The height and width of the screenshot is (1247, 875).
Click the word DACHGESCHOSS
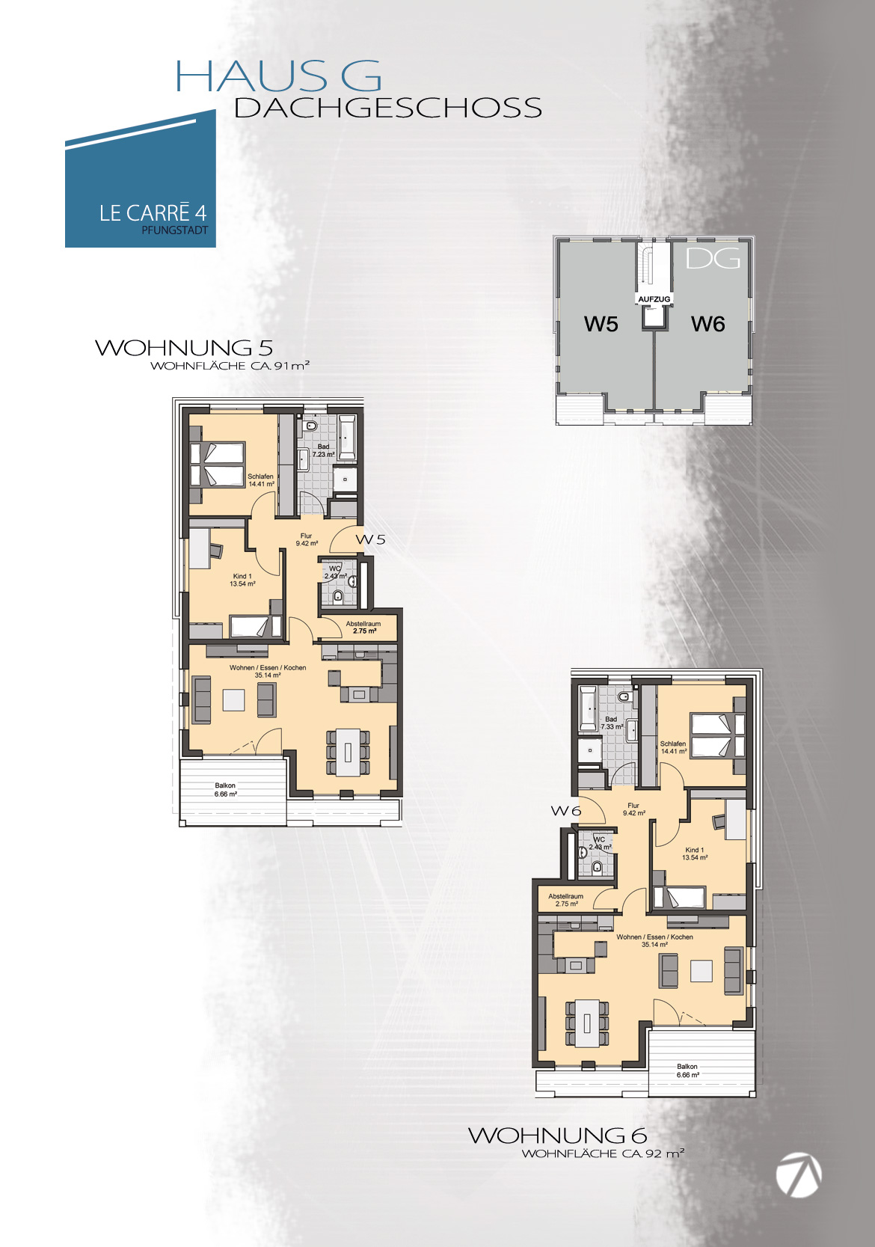click(x=388, y=108)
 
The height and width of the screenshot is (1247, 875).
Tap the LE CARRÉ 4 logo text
click(x=153, y=212)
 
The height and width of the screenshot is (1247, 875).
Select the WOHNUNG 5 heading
click(x=184, y=348)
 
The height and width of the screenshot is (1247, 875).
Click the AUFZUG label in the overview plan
click(x=654, y=299)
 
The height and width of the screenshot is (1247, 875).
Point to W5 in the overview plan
click(x=601, y=323)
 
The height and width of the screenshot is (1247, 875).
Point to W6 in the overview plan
click(x=708, y=323)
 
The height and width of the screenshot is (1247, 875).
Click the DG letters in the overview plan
click(x=713, y=258)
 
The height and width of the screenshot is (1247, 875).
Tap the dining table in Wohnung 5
click(x=348, y=753)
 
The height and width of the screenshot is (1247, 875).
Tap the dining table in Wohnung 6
click(x=587, y=1023)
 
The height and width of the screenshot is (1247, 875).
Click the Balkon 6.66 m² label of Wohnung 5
click(x=225, y=790)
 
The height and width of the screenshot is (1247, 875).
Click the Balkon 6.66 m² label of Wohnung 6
click(x=687, y=1070)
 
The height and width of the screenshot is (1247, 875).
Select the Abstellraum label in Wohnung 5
click(x=363, y=624)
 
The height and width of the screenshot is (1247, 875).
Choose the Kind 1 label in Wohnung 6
click(x=695, y=850)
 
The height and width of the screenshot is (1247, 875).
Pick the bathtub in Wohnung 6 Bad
click(x=588, y=708)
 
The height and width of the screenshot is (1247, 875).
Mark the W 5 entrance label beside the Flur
click(x=371, y=539)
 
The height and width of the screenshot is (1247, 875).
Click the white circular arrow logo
click(x=799, y=1175)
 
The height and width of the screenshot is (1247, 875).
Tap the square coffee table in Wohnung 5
click(x=234, y=700)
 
